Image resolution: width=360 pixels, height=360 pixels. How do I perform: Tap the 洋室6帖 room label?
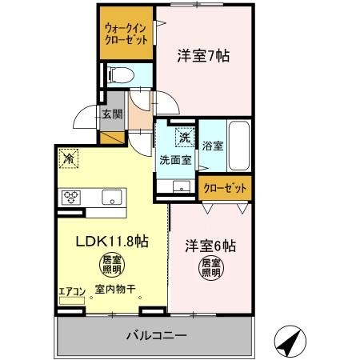[213, 245]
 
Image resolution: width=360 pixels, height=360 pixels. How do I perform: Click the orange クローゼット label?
[224, 188]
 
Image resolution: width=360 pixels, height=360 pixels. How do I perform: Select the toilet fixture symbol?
[120, 76]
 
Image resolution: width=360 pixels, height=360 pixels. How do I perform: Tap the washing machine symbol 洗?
[185, 137]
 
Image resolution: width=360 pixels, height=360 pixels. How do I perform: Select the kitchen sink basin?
[110, 196]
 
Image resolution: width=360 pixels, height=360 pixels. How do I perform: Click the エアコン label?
[70, 291]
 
